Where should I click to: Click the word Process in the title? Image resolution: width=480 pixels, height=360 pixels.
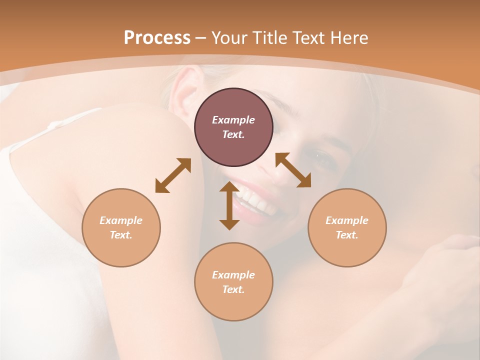(x=157, y=38)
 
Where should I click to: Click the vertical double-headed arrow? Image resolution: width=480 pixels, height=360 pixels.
(x=229, y=205)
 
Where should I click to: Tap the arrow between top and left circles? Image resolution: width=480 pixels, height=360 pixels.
(x=173, y=175)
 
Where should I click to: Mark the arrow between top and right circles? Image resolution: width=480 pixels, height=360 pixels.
(x=293, y=170)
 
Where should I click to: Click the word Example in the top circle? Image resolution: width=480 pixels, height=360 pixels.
(x=233, y=120)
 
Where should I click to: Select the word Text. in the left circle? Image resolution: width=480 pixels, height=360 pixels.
(x=121, y=235)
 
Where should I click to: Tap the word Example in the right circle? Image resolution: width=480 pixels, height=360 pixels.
(x=347, y=220)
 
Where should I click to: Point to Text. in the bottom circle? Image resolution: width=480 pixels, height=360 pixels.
(x=233, y=289)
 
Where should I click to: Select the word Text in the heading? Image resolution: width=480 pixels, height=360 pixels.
(x=307, y=38)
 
